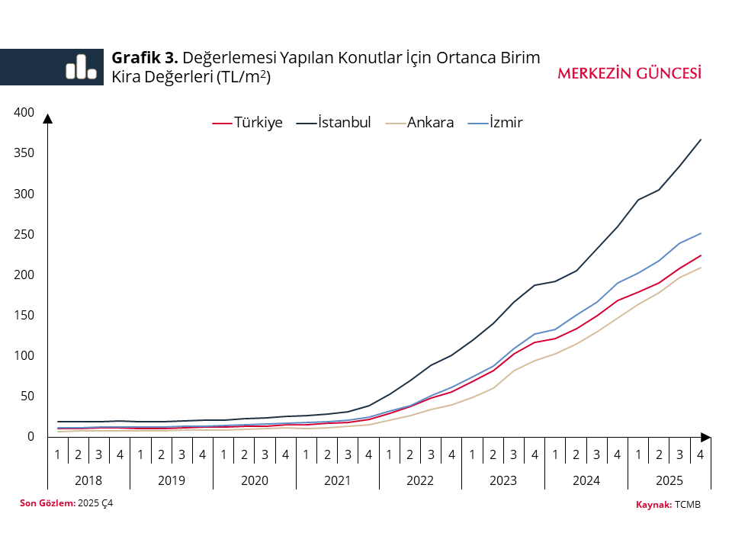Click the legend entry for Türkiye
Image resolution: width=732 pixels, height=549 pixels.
(x=247, y=123)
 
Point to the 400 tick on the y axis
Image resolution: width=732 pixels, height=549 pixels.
(x=24, y=113)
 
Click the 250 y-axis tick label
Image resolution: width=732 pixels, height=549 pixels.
(x=24, y=234)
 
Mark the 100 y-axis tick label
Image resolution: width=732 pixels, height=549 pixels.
(x=24, y=355)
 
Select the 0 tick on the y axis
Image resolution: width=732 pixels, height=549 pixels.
(x=30, y=436)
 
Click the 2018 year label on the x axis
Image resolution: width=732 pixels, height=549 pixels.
(x=88, y=480)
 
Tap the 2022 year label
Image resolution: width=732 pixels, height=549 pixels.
(x=420, y=480)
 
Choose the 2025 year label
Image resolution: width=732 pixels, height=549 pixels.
(x=669, y=480)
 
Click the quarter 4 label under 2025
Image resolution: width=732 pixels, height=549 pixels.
(x=701, y=454)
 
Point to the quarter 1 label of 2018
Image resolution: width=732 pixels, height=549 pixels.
(x=58, y=454)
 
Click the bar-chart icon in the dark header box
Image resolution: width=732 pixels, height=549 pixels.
(x=81, y=67)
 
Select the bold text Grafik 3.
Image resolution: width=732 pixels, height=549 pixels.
(x=145, y=58)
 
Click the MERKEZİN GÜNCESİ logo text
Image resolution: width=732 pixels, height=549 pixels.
(x=629, y=73)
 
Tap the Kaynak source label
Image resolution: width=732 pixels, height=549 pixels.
(x=653, y=505)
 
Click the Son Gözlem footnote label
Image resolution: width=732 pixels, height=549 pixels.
(x=47, y=502)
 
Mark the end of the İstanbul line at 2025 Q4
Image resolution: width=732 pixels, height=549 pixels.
(x=701, y=140)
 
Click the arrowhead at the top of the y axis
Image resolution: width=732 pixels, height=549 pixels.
(x=47, y=118)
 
